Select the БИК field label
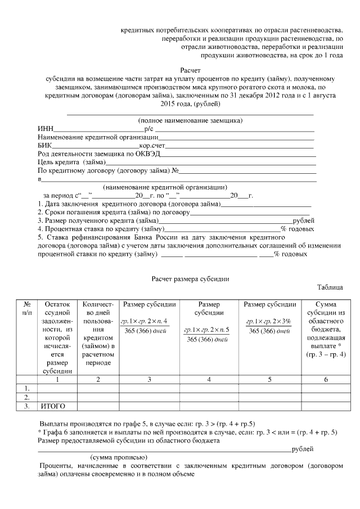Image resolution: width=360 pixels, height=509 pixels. pos(45,145)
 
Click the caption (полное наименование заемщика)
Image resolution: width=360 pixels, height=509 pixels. pos(190,120)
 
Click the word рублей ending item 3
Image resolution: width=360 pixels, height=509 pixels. pos(303,220)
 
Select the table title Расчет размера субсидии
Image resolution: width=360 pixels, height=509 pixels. pos(190,279)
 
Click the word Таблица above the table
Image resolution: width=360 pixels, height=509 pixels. pos(330,287)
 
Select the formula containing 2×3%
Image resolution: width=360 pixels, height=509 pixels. pos(269,326)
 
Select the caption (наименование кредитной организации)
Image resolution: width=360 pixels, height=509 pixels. pos(165,187)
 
